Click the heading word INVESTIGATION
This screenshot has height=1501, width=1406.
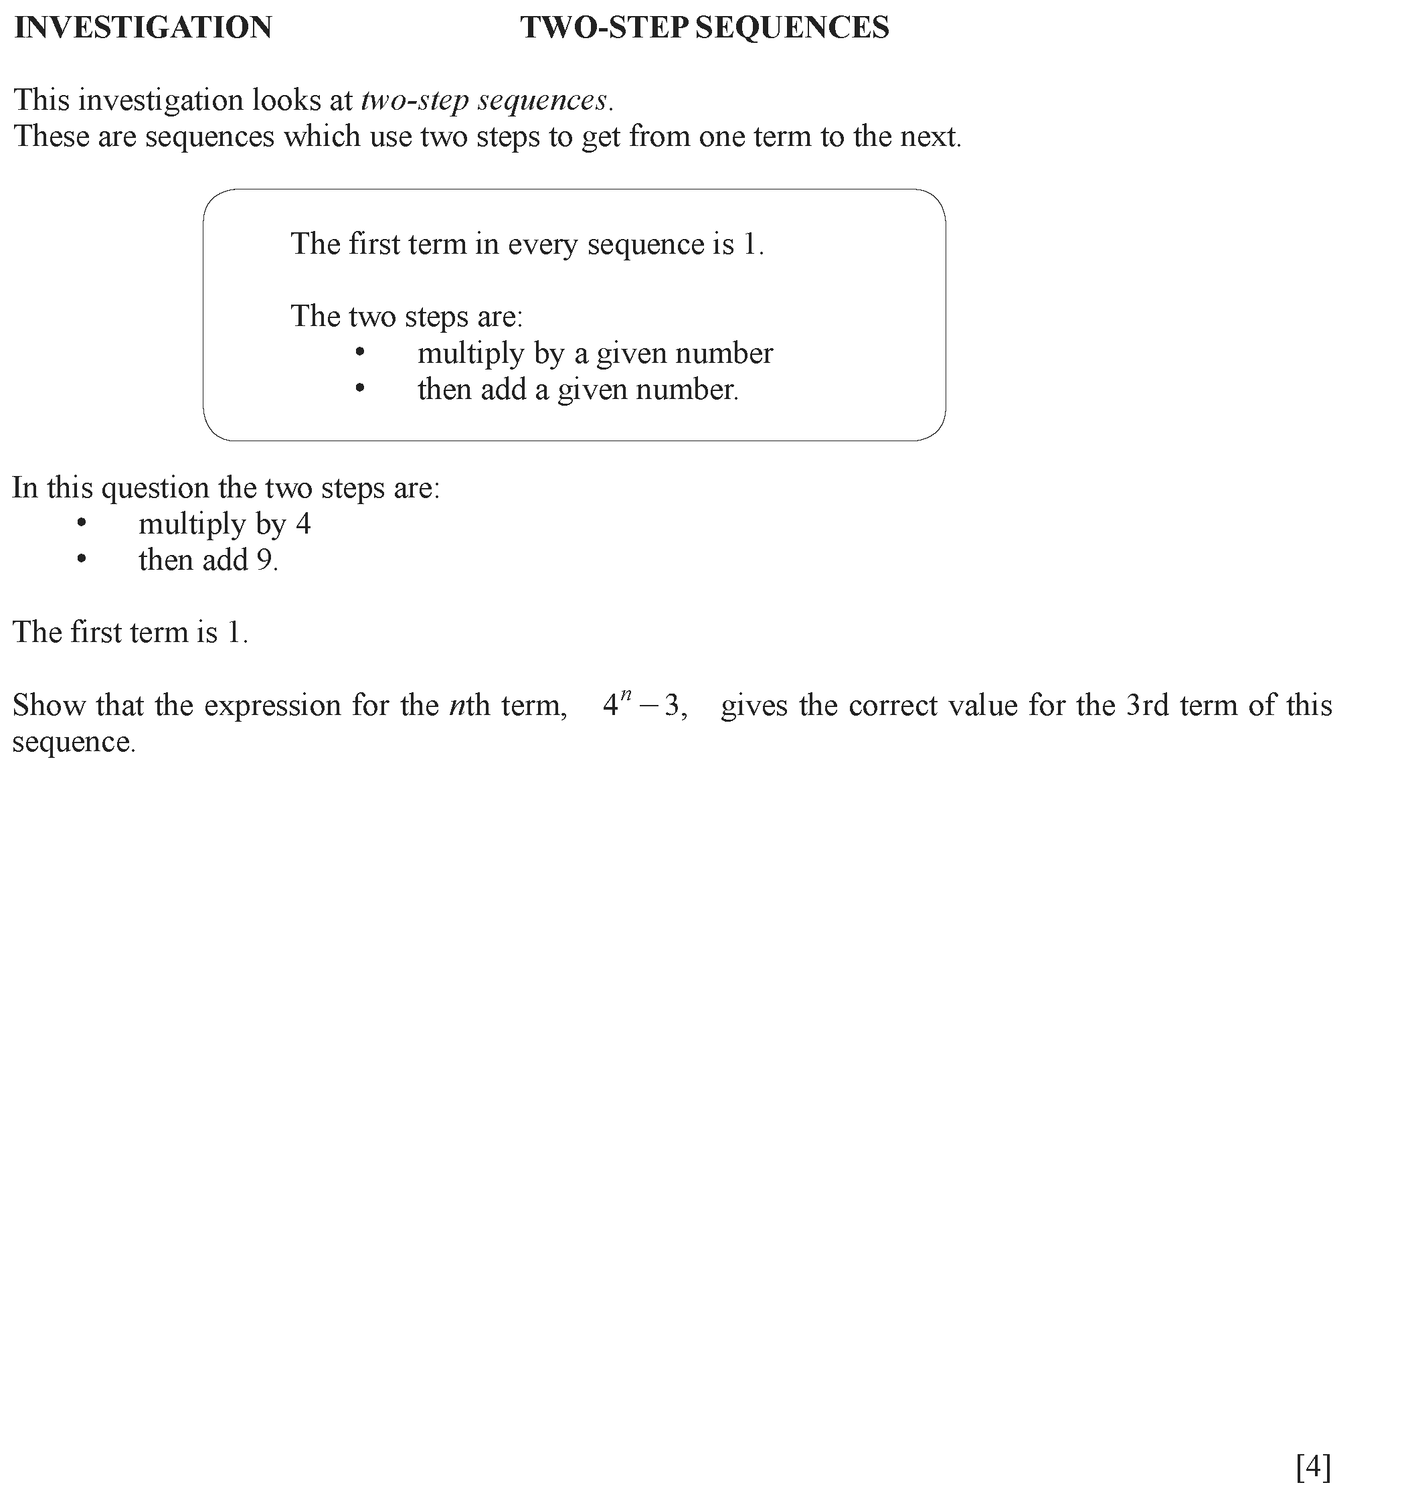(143, 28)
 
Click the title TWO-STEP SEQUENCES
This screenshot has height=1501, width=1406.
(704, 28)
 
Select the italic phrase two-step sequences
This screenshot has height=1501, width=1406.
(484, 100)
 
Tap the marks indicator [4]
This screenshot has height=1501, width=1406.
(1313, 1467)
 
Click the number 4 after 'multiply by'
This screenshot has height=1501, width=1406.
(302, 524)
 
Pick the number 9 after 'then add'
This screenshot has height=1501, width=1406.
(264, 560)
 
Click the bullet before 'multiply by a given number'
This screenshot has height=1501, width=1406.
(360, 353)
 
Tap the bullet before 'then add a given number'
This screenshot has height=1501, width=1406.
(360, 389)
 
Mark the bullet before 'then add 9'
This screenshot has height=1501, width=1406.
(82, 560)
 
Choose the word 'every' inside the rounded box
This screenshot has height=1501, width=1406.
(539, 244)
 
